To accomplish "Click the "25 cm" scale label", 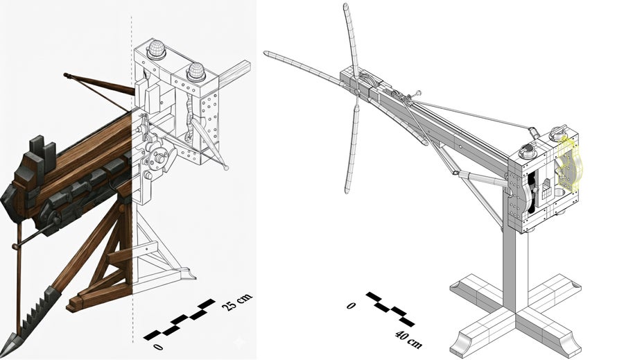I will pos(238,302).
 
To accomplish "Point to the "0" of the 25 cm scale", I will pos(158,346).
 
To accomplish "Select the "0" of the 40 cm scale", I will pos(352,305).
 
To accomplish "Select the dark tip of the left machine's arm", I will pos(68,74).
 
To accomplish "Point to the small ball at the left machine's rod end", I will pos(227,167).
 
